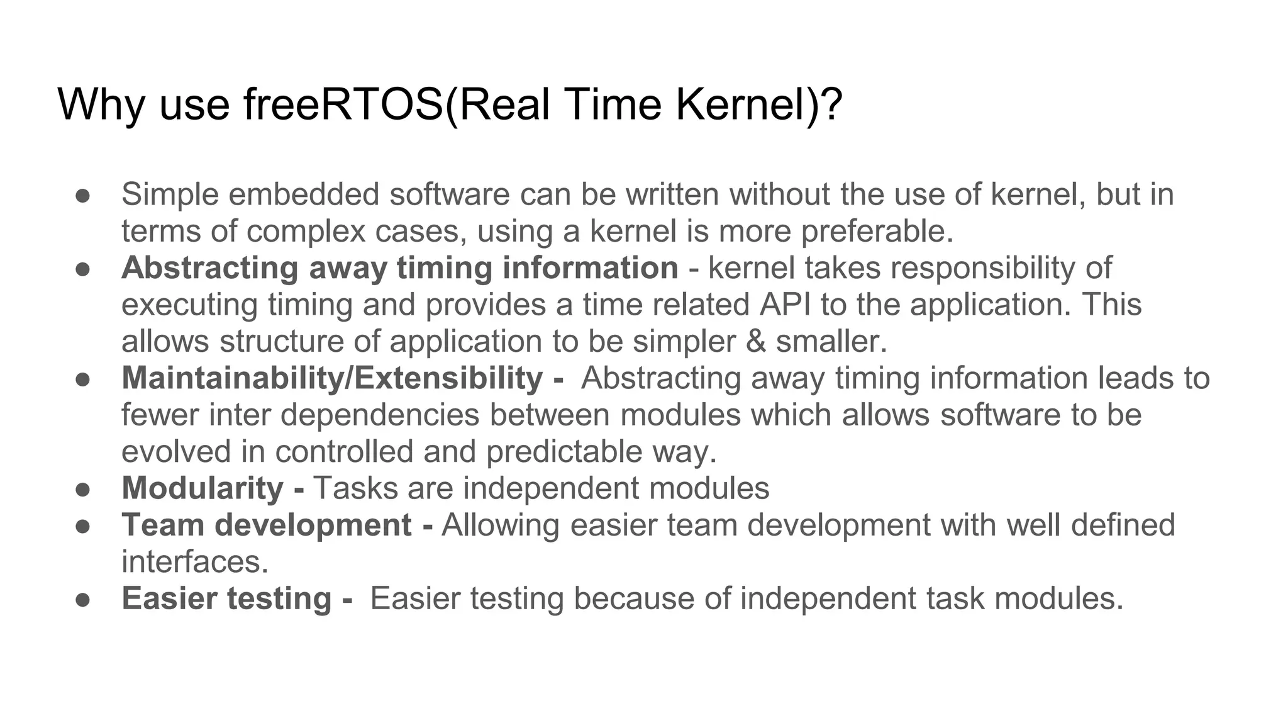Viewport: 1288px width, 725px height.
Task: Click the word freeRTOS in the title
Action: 343,104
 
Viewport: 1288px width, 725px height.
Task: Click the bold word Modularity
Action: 203,488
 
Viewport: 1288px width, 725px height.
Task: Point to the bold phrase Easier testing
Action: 226,599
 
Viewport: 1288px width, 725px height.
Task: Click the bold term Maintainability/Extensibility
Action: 332,378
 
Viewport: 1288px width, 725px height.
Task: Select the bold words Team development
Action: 267,525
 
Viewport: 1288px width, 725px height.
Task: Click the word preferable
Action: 877,232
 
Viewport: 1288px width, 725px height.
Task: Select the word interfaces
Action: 194,562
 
